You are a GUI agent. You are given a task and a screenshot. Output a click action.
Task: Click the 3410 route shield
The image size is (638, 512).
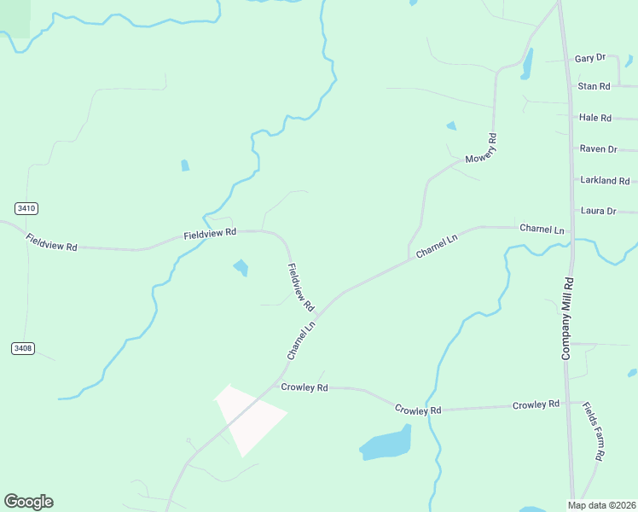(26, 208)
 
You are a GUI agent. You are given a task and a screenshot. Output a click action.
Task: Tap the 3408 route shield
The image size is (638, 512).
(23, 348)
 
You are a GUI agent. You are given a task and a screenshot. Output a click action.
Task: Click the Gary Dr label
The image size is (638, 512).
(589, 58)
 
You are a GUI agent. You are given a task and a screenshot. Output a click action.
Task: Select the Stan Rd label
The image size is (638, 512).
(594, 86)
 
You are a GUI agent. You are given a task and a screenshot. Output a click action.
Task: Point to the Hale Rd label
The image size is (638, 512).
(594, 118)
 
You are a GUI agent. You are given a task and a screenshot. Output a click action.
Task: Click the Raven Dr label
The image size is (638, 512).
(598, 148)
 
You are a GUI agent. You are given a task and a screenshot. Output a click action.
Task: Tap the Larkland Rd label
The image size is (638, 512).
(604, 181)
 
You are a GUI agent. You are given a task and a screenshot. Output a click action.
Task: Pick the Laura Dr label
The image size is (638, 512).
(598, 211)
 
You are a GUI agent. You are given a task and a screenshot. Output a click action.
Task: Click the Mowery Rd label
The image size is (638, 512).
(481, 148)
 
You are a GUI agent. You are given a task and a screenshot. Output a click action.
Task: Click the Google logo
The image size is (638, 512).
(28, 502)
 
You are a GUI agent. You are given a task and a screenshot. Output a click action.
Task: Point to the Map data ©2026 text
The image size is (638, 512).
(601, 504)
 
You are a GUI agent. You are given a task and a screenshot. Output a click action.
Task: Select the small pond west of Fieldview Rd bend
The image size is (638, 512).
(241, 268)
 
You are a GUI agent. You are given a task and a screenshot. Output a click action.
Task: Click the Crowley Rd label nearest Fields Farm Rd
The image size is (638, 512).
(536, 404)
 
